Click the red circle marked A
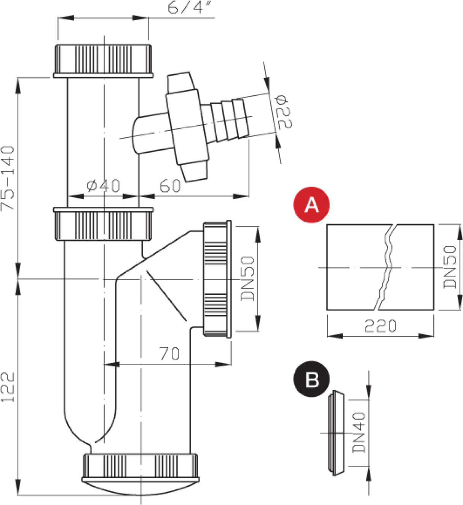coord(311,205)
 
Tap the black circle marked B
coord(311,379)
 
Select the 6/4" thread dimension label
coord(189,8)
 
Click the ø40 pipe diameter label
coord(103,185)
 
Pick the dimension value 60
coord(170,186)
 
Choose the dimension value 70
coord(169,353)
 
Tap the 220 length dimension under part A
coord(380,326)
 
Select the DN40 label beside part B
coord(359,433)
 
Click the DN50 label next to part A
coord(450,267)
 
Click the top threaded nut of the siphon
coord(103,61)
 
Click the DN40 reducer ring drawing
coord(336,433)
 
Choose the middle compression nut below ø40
coord(103,224)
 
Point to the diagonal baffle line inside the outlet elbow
coord(166,296)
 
